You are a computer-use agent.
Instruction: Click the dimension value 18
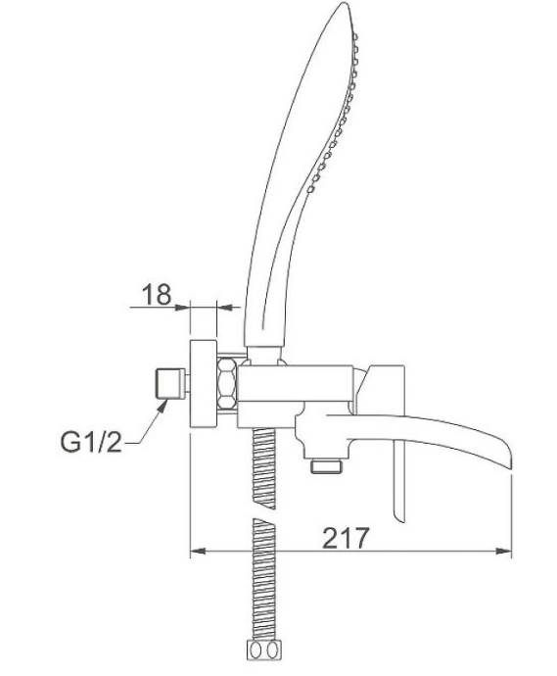[x=157, y=294]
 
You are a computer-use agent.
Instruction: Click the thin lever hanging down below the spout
[x=398, y=485]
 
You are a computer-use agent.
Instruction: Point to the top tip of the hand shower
[x=342, y=8]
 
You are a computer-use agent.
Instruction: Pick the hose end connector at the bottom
[x=262, y=651]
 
